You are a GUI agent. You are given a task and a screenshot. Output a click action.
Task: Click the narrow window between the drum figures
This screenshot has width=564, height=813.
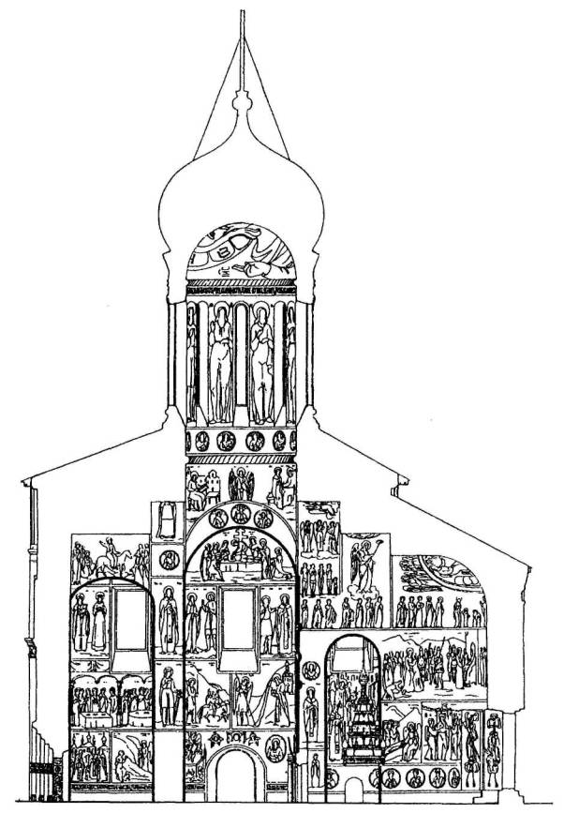pos(241,361)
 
